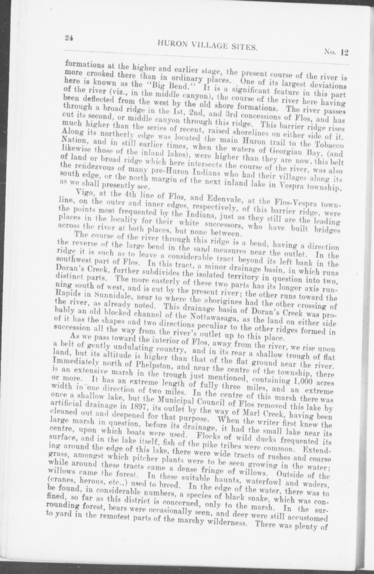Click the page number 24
tap(68, 38)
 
